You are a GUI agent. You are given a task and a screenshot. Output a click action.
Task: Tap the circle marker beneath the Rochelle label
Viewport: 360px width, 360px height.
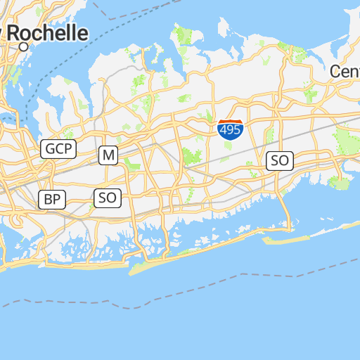[x=24, y=46]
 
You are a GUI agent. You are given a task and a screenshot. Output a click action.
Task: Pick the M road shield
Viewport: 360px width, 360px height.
[x=108, y=155]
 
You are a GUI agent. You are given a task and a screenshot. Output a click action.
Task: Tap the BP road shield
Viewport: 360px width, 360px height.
[x=52, y=199]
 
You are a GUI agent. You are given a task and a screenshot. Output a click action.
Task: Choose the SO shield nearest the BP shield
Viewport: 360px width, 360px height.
[x=108, y=198]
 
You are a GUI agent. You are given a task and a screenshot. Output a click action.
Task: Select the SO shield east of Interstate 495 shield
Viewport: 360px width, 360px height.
[x=279, y=160]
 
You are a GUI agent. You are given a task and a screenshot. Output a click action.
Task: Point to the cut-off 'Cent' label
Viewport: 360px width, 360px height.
[x=345, y=71]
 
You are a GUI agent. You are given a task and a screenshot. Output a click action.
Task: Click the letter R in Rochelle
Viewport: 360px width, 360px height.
[x=14, y=33]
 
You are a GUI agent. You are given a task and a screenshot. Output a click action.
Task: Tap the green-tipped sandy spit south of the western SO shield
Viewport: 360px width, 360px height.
[x=144, y=266]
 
